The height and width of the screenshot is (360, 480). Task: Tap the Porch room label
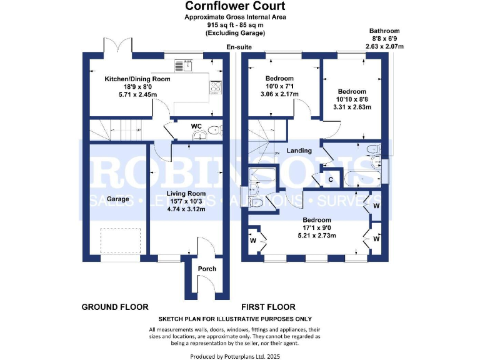(207, 269)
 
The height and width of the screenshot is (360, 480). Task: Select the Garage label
(117, 199)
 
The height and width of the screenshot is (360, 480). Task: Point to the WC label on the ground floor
(196, 126)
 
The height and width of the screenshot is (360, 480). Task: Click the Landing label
(299, 151)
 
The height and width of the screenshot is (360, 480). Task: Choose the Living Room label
(186, 193)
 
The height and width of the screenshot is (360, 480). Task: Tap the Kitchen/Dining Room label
(137, 79)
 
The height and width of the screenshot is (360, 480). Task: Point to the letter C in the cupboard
(331, 179)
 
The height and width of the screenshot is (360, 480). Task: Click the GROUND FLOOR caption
(115, 307)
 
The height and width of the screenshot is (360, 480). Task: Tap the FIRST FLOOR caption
(269, 307)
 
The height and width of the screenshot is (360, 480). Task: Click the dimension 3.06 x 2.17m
(279, 94)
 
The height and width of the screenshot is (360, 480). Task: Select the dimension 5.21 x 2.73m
(316, 236)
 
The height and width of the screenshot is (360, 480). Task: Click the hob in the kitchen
(216, 88)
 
